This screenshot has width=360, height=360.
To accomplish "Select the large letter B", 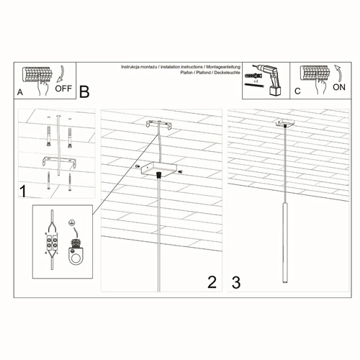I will tap(84, 91).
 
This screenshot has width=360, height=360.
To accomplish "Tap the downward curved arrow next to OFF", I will tap(61, 73).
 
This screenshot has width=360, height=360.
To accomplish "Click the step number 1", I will tap(23, 192).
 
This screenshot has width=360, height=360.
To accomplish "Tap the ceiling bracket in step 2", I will tap(160, 126).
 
